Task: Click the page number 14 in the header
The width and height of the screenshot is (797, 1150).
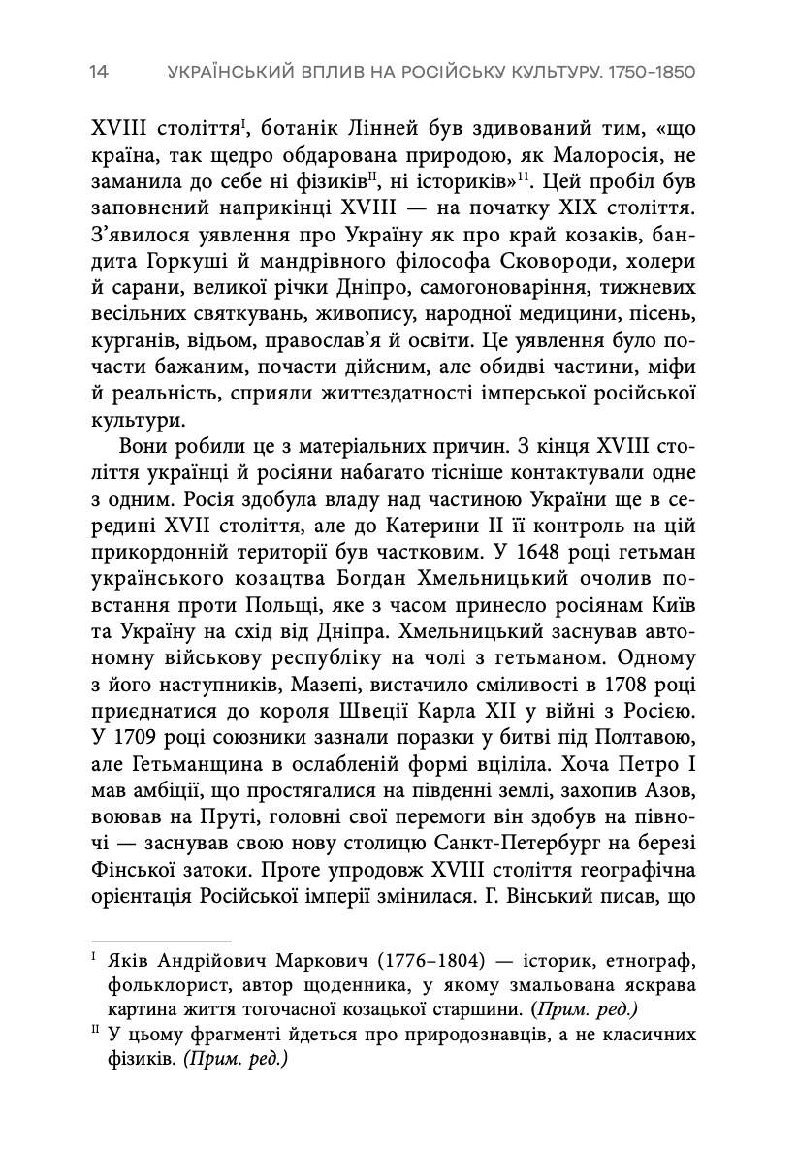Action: [99, 73]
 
